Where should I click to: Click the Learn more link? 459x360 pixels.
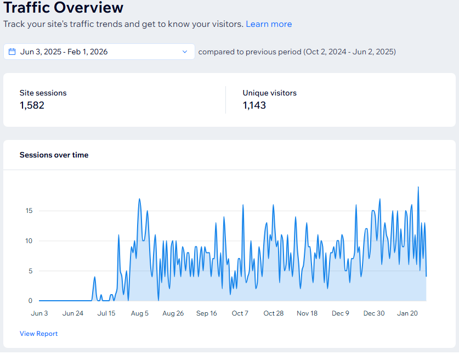(269, 24)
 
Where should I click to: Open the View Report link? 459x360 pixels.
(38, 334)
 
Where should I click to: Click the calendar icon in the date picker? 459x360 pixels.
(12, 52)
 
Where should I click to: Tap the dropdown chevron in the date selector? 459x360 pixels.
(184, 52)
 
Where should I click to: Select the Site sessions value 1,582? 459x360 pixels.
(32, 105)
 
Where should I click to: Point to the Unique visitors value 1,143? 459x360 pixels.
(254, 105)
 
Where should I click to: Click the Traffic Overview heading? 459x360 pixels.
(64, 8)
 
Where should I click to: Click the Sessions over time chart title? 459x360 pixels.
(54, 155)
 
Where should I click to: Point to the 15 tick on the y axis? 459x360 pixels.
(29, 211)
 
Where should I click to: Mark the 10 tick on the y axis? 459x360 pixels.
(29, 241)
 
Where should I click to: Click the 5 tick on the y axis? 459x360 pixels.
(30, 271)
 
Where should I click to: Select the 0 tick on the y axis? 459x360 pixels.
(30, 301)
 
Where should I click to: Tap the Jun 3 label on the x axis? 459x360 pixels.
(39, 313)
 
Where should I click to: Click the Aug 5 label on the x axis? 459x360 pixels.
(140, 313)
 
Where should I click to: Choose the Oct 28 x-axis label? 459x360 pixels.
(273, 313)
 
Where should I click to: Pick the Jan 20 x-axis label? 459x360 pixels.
(407, 313)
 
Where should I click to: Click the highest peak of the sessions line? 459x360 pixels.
(418, 187)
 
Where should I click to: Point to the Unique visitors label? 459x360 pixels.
(269, 93)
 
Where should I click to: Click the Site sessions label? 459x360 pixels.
(43, 93)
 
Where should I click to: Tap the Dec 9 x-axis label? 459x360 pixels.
(341, 313)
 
